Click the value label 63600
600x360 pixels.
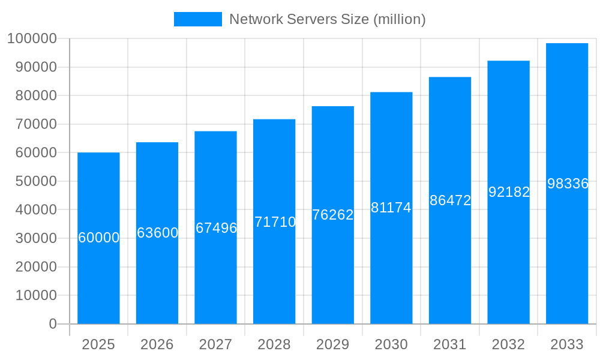click(157, 233)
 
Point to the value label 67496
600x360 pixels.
click(216, 228)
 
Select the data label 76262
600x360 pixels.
click(333, 215)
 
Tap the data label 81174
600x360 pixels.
click(391, 208)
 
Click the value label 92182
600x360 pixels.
click(509, 192)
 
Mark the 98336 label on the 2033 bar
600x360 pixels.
click(568, 184)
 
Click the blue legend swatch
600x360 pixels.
click(197, 19)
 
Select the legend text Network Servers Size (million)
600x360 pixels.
click(328, 19)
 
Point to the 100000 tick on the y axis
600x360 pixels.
click(32, 39)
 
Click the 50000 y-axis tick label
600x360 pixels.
click(35, 181)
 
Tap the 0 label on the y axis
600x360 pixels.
click(53, 324)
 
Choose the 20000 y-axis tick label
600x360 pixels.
click(35, 267)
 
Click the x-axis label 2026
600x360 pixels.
click(157, 344)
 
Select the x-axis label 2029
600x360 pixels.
click(333, 344)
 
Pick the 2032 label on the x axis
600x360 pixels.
click(509, 344)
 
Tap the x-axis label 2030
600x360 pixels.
click(391, 344)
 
